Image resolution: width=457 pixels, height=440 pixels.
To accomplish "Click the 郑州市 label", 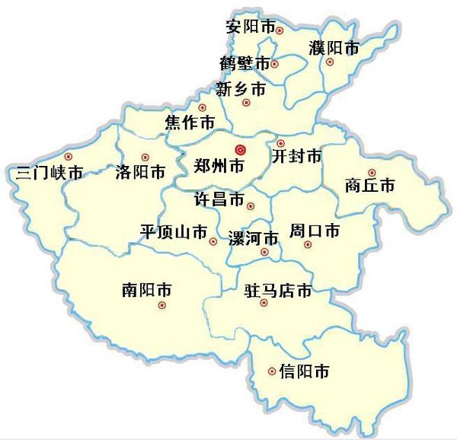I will tap(220, 165).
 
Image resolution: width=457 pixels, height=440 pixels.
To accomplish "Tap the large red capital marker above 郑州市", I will tap(241, 149).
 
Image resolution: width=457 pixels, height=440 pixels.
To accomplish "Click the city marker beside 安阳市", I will tap(280, 30).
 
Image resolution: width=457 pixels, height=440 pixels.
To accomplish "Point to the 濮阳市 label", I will tap(334, 48).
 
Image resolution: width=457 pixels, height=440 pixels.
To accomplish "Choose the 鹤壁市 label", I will tap(244, 62).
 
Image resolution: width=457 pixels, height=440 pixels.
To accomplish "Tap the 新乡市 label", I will tap(241, 89).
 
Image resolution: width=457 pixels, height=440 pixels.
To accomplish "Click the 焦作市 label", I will tap(189, 122).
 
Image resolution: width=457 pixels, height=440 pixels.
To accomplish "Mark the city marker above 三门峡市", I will tap(68, 156).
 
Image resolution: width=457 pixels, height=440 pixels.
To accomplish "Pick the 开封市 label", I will tap(296, 157).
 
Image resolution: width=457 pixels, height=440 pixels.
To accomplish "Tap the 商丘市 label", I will tap(369, 186).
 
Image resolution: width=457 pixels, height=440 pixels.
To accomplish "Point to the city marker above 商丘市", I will tap(372, 172).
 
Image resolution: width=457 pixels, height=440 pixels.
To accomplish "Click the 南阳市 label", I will tap(146, 290).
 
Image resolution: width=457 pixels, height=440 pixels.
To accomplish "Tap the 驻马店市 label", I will tap(278, 290).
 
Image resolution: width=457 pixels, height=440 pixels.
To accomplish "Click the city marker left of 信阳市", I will tap(272, 371).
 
